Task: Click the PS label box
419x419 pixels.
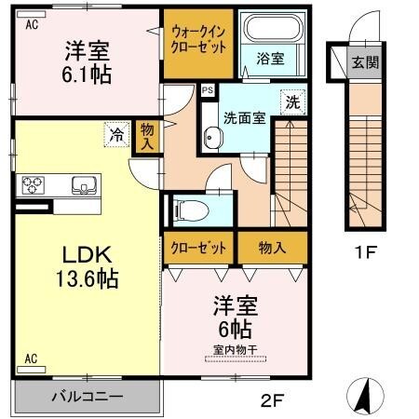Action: click(207, 90)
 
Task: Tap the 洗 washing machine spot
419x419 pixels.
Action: click(292, 101)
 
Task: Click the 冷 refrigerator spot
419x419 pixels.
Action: click(116, 136)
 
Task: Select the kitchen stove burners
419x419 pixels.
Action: click(34, 182)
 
